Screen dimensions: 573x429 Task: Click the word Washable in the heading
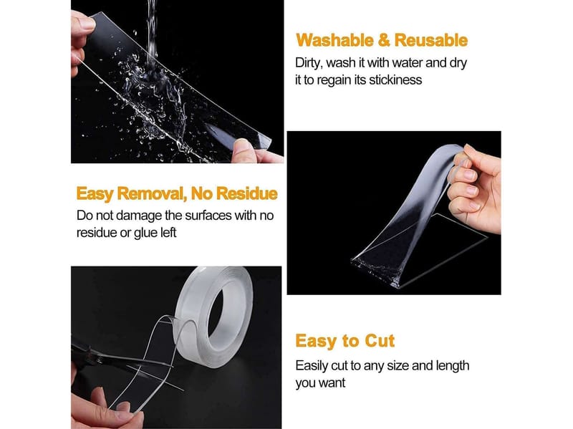point(334,40)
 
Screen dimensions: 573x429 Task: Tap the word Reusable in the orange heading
point(431,40)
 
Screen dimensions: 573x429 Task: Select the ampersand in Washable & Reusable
point(384,41)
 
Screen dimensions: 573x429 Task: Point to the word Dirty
point(307,63)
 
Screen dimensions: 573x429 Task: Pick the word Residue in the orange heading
point(246,193)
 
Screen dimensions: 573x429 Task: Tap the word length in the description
point(452,366)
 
